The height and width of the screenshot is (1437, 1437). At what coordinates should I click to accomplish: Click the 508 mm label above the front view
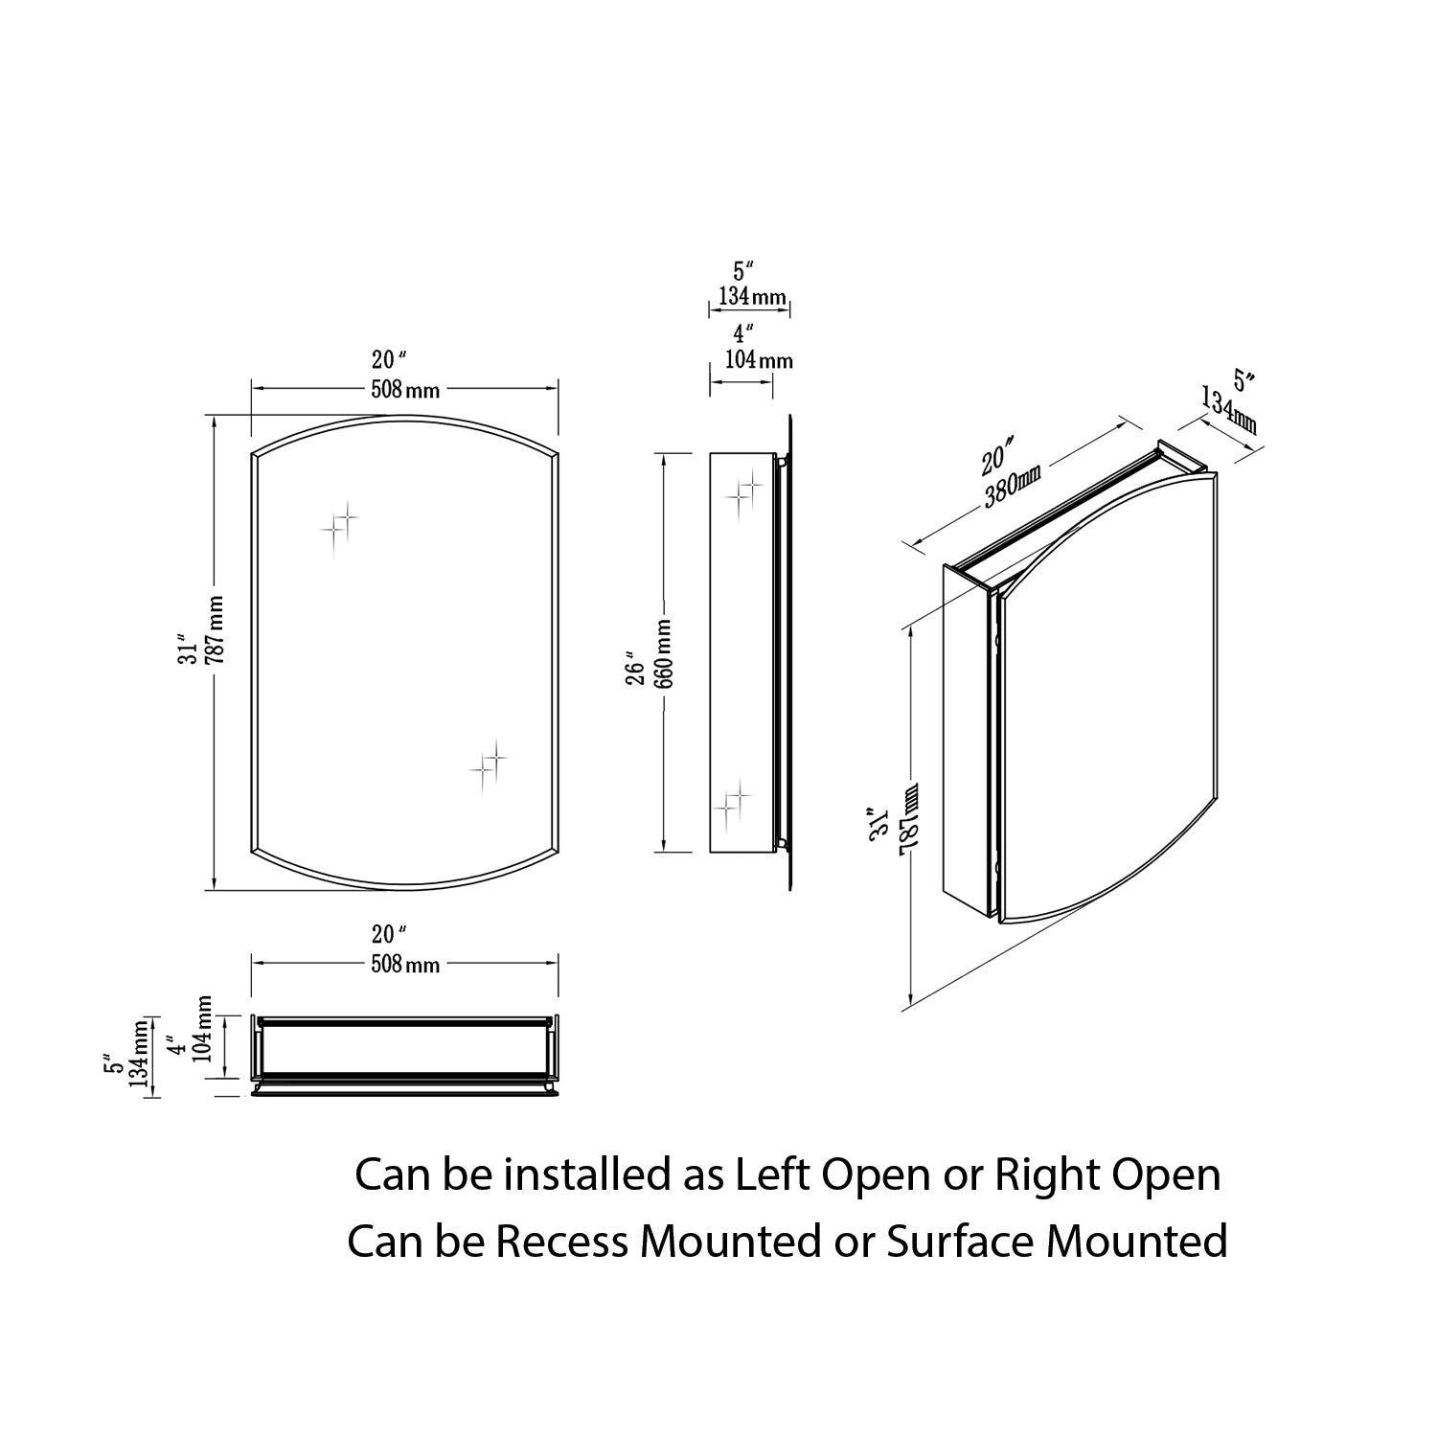point(405,389)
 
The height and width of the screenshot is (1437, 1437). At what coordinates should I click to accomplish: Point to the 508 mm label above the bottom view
point(405,963)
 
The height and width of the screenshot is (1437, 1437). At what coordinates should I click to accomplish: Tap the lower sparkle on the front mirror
point(488,763)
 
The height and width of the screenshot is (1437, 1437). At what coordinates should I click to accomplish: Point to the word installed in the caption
point(588,1175)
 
